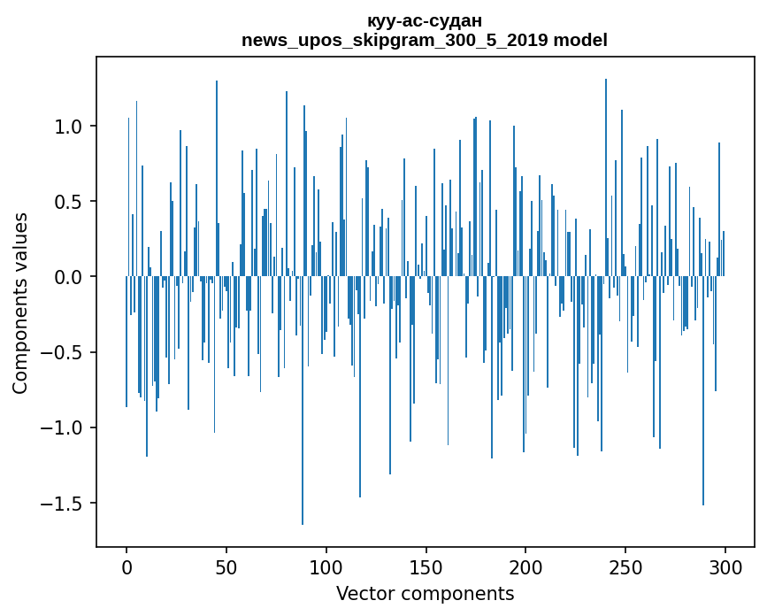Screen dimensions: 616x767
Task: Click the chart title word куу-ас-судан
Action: click(425, 21)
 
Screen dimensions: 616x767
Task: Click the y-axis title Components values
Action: click(20, 303)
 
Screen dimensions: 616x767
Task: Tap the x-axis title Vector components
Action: click(425, 594)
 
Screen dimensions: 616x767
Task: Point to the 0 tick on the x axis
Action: click(127, 566)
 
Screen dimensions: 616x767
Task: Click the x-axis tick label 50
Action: click(226, 566)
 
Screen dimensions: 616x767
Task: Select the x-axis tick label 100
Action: click(326, 566)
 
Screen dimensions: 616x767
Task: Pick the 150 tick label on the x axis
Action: click(426, 566)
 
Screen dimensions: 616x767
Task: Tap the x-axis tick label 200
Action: click(526, 566)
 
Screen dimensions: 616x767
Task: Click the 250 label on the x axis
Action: click(626, 566)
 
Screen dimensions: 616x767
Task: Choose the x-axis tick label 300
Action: click(725, 566)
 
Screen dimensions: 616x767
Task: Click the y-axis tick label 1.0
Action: click(69, 127)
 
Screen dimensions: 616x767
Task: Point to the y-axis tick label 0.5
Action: click(69, 202)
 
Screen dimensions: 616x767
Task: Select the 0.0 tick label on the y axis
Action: click(69, 277)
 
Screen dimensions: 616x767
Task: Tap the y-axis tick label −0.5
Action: click(63, 352)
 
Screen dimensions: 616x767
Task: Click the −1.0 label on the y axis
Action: click(63, 428)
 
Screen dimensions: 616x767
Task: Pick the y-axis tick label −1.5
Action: click(63, 504)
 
